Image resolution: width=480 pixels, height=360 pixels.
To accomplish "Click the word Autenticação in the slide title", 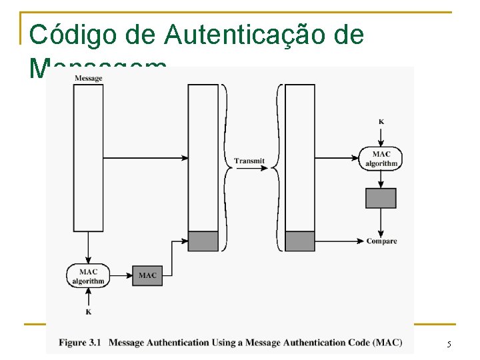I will (226, 35).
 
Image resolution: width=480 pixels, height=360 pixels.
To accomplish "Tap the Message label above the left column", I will (88, 78).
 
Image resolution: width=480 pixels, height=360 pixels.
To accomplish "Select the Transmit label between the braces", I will (249, 161).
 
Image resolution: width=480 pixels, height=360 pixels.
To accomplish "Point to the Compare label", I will (381, 241).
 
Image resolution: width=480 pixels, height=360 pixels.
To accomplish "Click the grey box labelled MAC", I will (147, 275).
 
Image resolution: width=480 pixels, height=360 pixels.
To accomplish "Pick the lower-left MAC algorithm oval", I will (88, 276).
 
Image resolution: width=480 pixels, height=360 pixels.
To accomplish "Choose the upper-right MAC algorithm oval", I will (381, 159).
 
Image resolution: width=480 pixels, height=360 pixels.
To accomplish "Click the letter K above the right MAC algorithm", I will (381, 121).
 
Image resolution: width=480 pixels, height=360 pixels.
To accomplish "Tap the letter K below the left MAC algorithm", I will (88, 311).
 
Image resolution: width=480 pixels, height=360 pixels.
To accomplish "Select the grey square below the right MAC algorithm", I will (381, 198).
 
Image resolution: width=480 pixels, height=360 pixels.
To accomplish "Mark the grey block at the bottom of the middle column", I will (203, 241).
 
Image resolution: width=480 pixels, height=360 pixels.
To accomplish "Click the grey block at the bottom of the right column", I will (300, 241).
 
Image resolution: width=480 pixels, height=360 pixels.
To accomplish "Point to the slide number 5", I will (449, 344).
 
